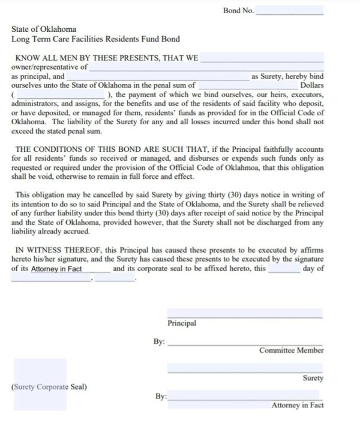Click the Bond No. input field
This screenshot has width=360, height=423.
pyautogui.click(x=289, y=11)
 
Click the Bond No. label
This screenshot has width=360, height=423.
pyautogui.click(x=238, y=11)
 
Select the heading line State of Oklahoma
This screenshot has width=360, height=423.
pyautogui.click(x=44, y=29)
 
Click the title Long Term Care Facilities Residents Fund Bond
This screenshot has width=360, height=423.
pyautogui.click(x=95, y=39)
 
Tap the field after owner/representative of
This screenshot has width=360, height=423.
pyautogui.click(x=206, y=68)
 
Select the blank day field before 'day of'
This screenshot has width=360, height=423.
pyautogui.click(x=284, y=268)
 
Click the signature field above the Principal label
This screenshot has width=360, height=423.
pyautogui.click(x=244, y=313)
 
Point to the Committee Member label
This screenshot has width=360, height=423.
pyautogui.click(x=291, y=350)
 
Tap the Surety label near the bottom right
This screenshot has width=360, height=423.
pyautogui.click(x=313, y=378)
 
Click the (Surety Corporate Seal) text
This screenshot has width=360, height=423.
pyautogui.click(x=49, y=387)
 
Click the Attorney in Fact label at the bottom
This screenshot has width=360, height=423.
pyautogui.click(x=297, y=405)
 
